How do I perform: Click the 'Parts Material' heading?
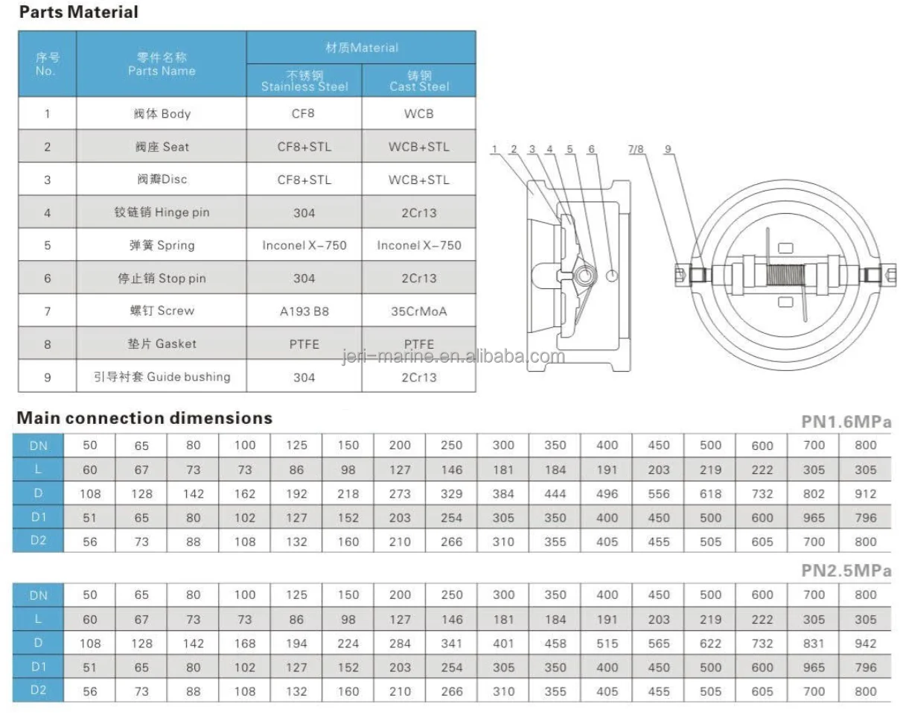(x=78, y=12)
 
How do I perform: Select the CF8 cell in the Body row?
(x=304, y=114)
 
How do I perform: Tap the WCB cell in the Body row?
(x=419, y=114)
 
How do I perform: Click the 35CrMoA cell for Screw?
(x=419, y=311)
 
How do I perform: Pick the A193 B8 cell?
(x=304, y=311)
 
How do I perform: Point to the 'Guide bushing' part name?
(x=162, y=377)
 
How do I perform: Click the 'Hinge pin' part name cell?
(x=162, y=212)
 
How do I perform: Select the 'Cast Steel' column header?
(x=419, y=81)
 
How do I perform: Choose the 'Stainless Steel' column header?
(x=304, y=81)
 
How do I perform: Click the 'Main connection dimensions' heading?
(x=144, y=418)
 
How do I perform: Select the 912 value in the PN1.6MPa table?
(x=866, y=494)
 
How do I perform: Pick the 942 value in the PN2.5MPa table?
(x=866, y=644)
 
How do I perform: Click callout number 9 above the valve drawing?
(x=669, y=150)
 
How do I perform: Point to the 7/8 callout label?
(x=637, y=150)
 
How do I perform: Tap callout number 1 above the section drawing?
(x=494, y=150)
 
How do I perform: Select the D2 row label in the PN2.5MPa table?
(x=38, y=691)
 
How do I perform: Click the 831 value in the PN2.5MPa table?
(x=814, y=644)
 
